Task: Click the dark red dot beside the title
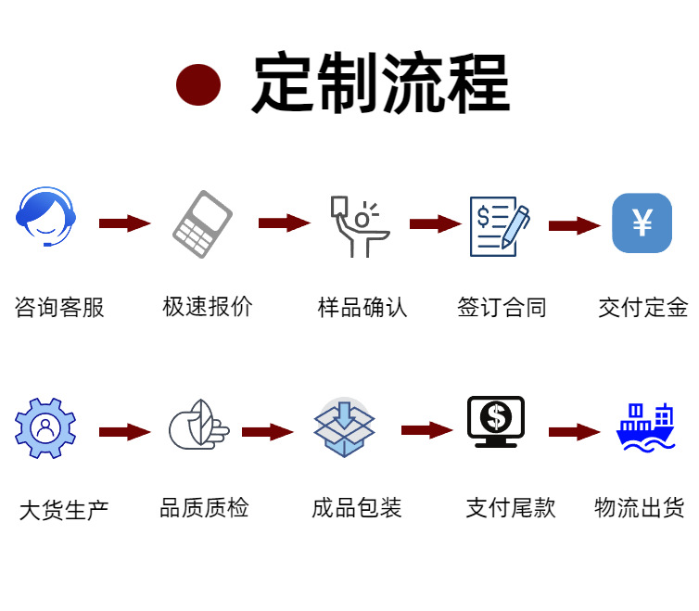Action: [x=198, y=84]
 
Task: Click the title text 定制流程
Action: [x=380, y=84]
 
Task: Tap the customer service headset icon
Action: [x=45, y=217]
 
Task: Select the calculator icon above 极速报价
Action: [x=203, y=224]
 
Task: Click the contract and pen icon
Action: [x=500, y=225]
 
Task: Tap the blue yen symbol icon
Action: [x=642, y=223]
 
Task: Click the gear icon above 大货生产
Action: [x=44, y=427]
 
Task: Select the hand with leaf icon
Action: [x=198, y=426]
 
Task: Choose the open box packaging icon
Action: [x=344, y=427]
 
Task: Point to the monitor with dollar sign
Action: [x=496, y=422]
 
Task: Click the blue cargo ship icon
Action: [x=645, y=427]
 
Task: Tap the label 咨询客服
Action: [x=59, y=307]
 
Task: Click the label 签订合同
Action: [x=502, y=307]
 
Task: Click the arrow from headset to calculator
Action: [x=124, y=223]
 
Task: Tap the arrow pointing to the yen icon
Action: [x=575, y=225]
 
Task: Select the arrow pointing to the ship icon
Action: [x=574, y=431]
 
